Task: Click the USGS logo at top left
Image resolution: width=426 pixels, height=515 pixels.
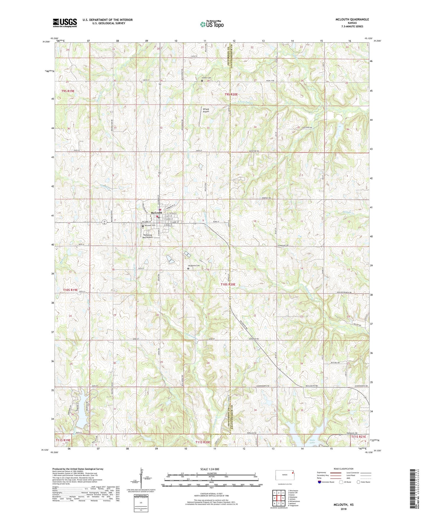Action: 65,23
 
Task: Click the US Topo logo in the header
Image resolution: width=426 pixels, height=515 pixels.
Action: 212,24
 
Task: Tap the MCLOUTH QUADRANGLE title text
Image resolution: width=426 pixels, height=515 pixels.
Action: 352,19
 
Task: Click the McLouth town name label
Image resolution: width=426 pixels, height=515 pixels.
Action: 156,213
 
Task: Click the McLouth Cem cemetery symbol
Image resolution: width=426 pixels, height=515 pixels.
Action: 143,226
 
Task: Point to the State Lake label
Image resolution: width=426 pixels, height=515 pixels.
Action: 312,442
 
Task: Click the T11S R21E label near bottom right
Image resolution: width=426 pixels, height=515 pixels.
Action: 358,437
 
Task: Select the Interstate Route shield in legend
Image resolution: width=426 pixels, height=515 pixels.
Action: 320,482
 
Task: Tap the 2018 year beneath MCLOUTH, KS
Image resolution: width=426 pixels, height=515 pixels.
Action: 343,509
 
